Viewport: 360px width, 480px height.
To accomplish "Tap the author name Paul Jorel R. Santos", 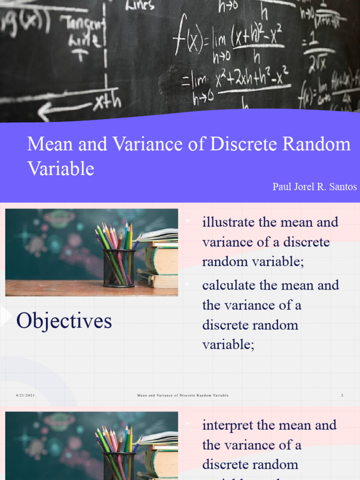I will click(315, 187).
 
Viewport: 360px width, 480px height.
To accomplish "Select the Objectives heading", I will click(64, 321).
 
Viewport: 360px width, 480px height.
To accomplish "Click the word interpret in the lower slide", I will click(228, 425).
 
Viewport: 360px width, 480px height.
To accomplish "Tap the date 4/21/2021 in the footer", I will click(25, 396).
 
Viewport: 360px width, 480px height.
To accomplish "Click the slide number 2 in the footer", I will click(342, 396).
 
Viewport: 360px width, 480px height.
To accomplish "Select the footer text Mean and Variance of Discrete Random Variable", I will click(183, 396).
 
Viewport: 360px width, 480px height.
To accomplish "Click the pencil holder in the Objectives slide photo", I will click(119, 267).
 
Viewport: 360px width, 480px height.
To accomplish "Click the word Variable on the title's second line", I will click(61, 169).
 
